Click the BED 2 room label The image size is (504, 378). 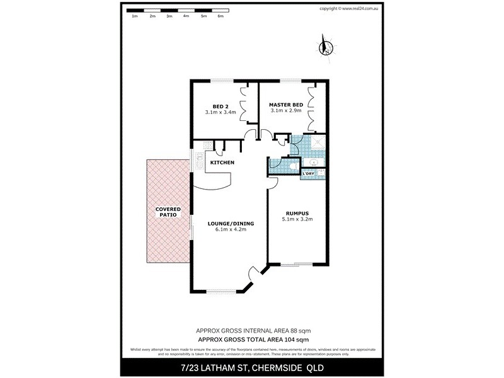(220, 105)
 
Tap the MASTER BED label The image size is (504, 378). (286, 104)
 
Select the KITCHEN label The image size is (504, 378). (222, 163)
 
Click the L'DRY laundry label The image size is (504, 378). (311, 173)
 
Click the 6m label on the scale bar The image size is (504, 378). (220, 16)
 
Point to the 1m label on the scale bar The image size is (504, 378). (135, 16)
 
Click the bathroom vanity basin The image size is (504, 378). (318, 165)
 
